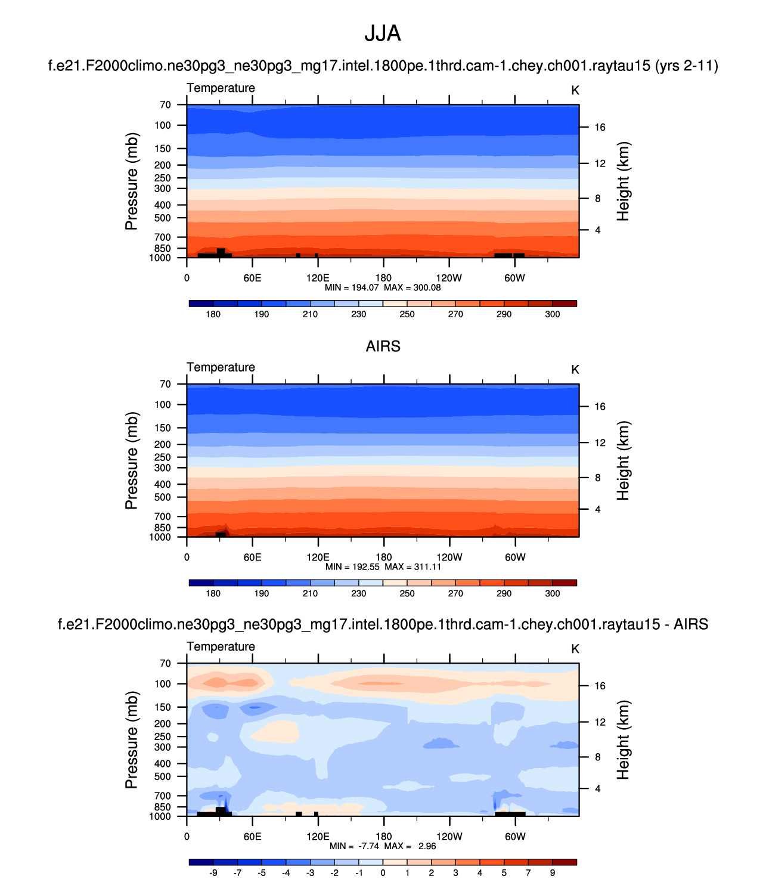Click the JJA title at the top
383,34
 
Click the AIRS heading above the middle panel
383,346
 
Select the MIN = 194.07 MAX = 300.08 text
383,287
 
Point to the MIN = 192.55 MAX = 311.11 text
383,567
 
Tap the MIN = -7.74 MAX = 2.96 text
383,846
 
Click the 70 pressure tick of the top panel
165,105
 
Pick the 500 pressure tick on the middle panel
163,497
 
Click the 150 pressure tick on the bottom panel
163,707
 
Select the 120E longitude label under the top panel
318,278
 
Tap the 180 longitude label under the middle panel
383,558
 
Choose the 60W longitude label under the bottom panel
515,837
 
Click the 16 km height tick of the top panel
600,128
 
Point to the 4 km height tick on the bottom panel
597,789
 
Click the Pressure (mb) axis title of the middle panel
132,460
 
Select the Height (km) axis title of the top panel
624,181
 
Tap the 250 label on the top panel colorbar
407,314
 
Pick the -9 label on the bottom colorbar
213,873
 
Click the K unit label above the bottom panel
575,649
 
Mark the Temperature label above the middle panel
221,367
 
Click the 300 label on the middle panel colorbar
553,593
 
